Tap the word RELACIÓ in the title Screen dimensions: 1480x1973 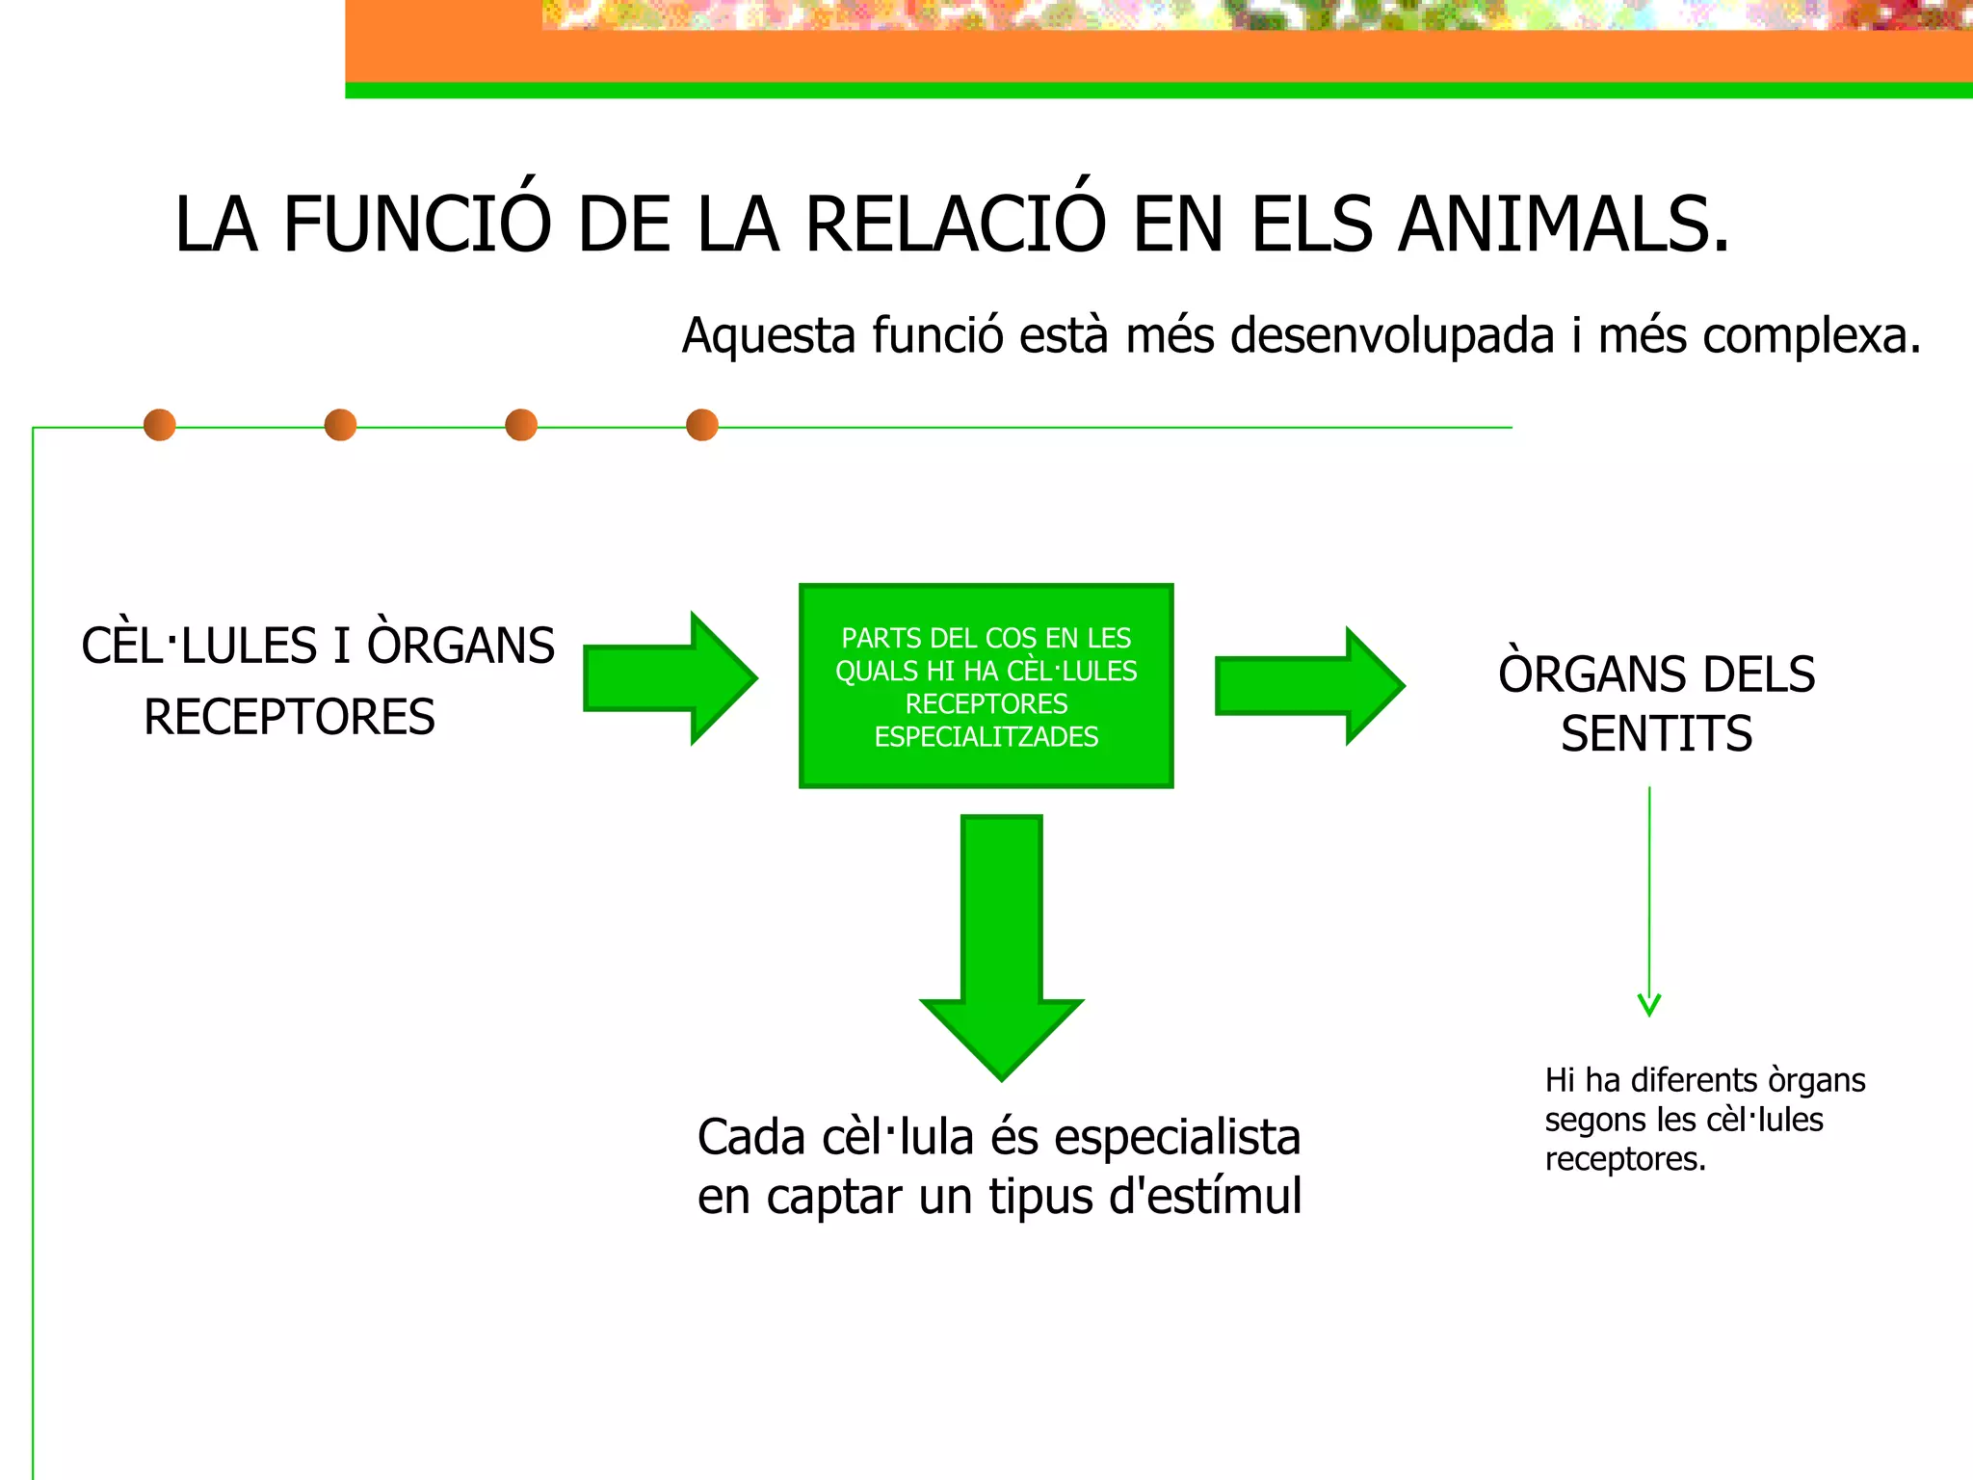pos(955,225)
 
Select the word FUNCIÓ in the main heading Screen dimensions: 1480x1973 pos(417,225)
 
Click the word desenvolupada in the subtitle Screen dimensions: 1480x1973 pos(1392,337)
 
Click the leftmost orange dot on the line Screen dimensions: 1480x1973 pos(160,425)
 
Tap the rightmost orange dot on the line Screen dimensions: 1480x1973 pos(702,425)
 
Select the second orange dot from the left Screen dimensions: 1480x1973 pos(340,425)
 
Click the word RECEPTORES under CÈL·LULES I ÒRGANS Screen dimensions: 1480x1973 pos(289,718)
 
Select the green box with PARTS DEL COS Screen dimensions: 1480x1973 pos(986,685)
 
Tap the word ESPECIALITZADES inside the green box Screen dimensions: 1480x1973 pos(986,737)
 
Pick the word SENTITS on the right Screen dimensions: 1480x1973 pos(1656,734)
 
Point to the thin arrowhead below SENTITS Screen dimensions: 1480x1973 pos(1649,1006)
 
